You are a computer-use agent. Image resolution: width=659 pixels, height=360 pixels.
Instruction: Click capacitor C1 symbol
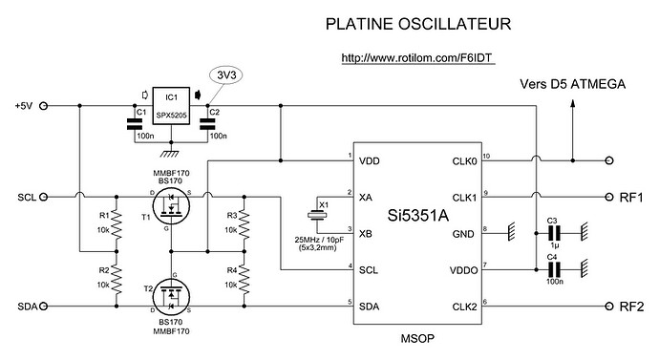point(132,122)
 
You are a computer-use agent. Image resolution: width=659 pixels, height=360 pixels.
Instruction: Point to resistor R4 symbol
point(244,279)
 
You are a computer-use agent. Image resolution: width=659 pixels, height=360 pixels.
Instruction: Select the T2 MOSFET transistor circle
point(172,296)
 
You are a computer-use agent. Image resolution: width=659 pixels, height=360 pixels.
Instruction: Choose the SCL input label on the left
point(26,197)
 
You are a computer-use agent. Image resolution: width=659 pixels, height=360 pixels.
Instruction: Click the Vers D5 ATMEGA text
point(572,85)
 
